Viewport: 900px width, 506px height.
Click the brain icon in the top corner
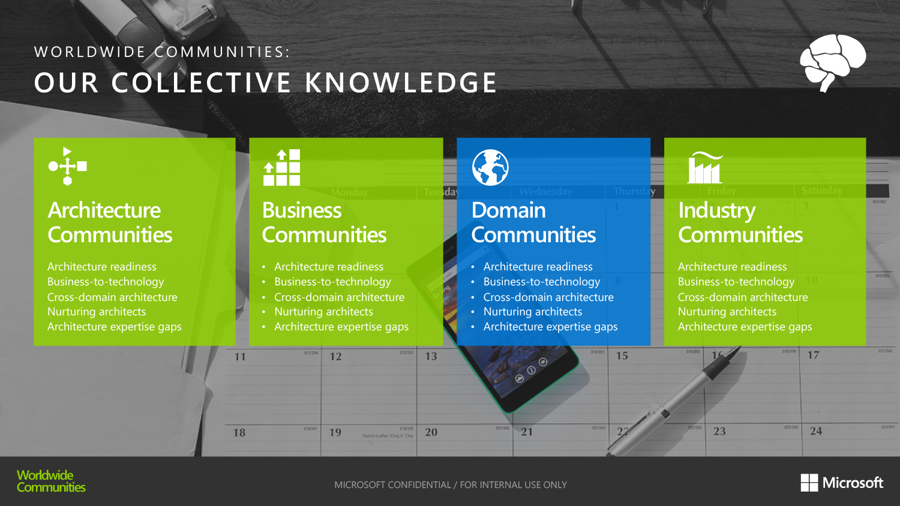(x=832, y=62)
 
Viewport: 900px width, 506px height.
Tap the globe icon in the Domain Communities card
(x=490, y=167)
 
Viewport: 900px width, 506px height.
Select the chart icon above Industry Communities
(x=705, y=168)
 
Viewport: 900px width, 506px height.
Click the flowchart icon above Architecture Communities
(x=67, y=166)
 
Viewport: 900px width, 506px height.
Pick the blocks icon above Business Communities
(x=282, y=168)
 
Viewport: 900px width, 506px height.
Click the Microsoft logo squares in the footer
(x=809, y=483)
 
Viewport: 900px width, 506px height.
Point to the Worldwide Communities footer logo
(x=50, y=481)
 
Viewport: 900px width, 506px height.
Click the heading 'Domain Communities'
(x=533, y=222)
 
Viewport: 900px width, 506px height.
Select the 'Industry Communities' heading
(x=740, y=222)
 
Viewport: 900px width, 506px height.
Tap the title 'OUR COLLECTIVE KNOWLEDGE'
(x=265, y=83)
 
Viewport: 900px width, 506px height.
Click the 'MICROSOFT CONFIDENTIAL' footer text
(x=450, y=484)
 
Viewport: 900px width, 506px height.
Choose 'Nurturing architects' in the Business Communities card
(x=323, y=312)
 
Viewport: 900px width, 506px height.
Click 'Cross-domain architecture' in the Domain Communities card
(x=548, y=297)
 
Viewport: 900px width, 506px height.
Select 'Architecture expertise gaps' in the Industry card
(x=745, y=327)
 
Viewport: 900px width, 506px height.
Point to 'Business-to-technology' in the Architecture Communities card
(x=106, y=282)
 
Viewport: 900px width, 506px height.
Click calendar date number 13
(x=431, y=356)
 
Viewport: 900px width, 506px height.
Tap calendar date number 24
(x=816, y=431)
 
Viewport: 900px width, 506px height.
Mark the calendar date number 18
(x=239, y=433)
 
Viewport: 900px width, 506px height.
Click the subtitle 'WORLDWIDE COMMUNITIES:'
(x=162, y=52)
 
